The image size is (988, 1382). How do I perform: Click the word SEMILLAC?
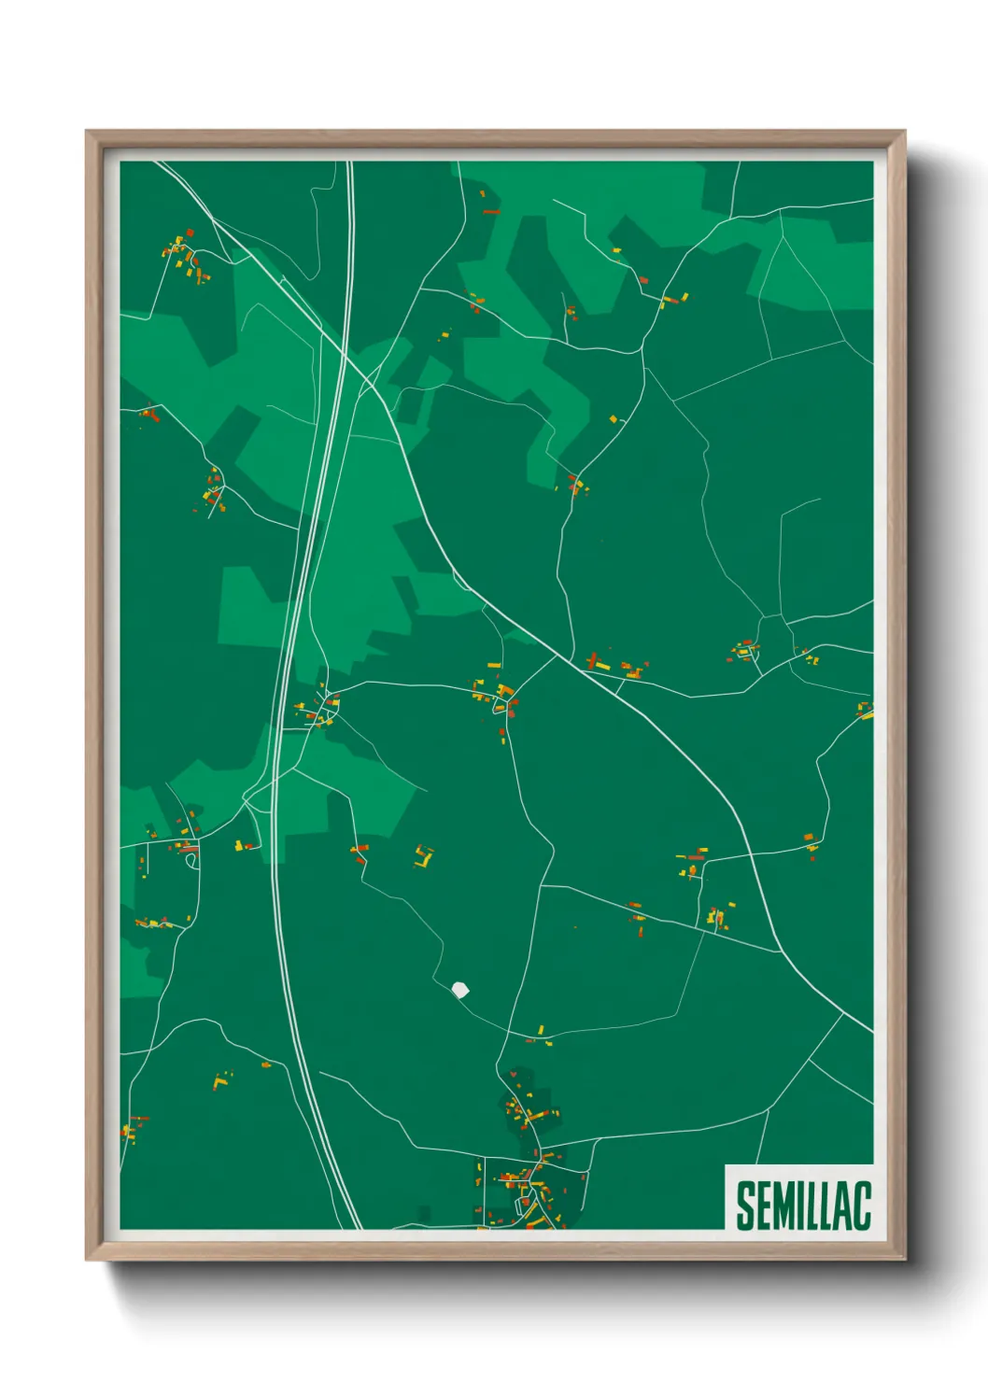pos(803,1206)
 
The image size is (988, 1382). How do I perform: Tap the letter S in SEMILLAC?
pos(745,1206)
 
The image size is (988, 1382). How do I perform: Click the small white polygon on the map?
pos(459,989)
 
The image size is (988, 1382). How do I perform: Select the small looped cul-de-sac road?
pos(192,860)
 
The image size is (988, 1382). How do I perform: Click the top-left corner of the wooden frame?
pos(87,132)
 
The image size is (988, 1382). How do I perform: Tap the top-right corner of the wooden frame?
pos(903,132)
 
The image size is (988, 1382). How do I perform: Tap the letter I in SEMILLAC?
pos(797,1206)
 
